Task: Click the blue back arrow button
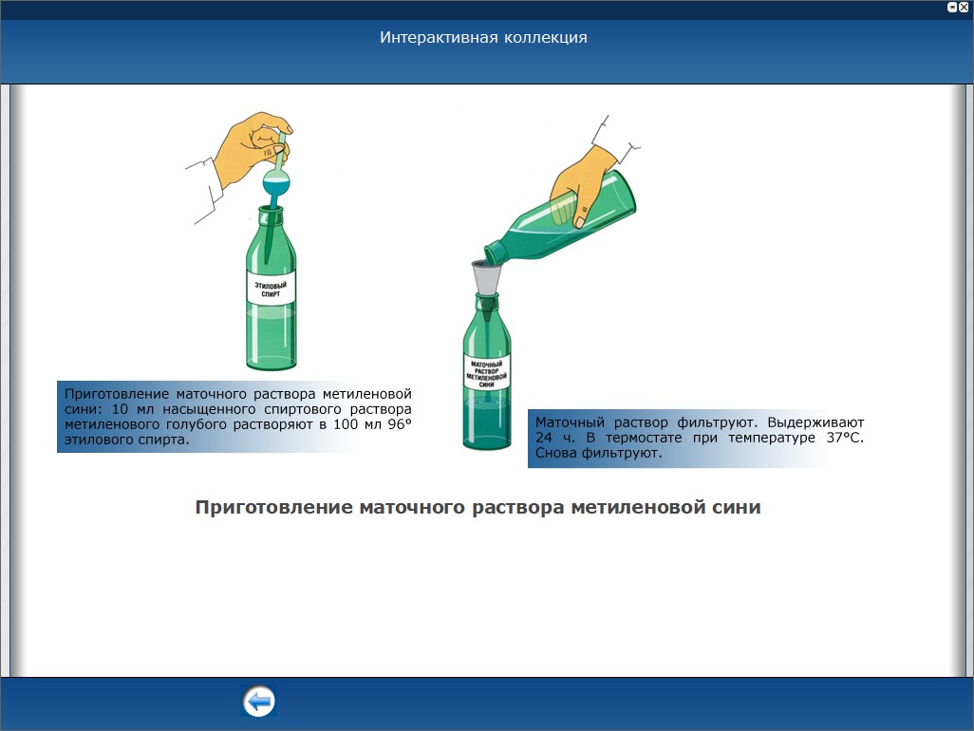258,702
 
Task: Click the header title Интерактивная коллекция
483,37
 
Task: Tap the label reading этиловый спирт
271,290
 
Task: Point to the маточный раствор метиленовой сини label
486,374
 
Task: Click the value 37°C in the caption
845,438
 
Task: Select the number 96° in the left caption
399,424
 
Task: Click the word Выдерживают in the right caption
815,423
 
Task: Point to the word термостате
643,438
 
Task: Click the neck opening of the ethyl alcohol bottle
271,209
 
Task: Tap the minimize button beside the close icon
951,8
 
